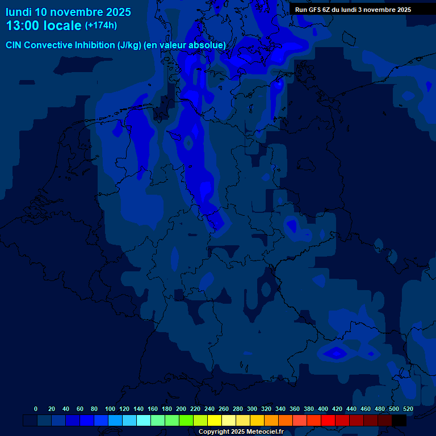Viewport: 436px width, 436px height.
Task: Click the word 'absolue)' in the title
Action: tap(207, 45)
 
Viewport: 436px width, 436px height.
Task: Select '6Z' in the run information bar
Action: tap(326, 10)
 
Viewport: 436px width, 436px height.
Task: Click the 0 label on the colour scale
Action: tap(36, 409)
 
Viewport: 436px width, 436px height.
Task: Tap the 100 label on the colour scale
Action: tap(110, 409)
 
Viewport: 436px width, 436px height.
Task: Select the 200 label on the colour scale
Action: tap(181, 409)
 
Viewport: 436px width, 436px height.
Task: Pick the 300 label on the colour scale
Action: tap(252, 409)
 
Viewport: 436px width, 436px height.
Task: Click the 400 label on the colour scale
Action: tap(323, 409)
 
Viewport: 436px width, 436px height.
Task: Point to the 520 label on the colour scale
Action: tap(408, 409)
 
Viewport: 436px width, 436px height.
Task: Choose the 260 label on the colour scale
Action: tap(224, 409)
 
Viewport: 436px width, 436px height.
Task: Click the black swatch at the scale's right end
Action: tap(399, 421)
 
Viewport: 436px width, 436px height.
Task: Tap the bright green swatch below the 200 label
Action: tap(186, 421)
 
